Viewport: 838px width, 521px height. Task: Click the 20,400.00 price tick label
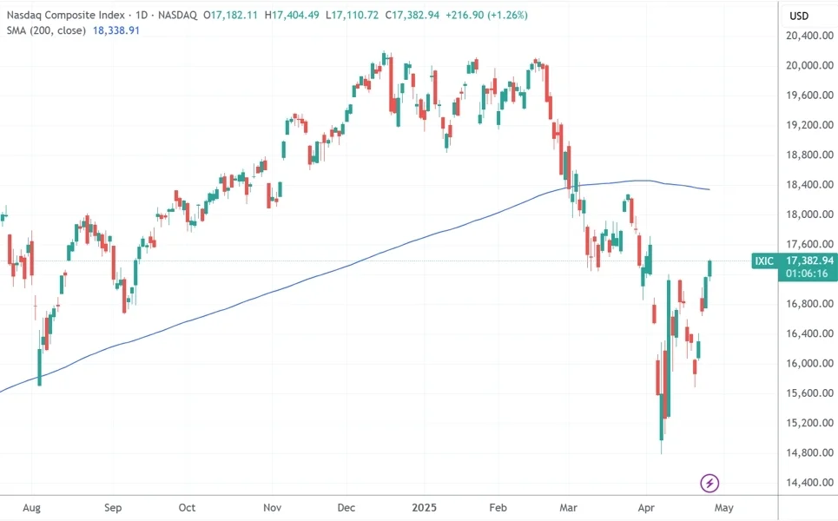[804, 36]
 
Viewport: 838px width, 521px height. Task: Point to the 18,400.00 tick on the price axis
[804, 184]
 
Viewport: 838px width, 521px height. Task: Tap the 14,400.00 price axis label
[804, 482]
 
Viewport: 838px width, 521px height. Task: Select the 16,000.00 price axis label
[804, 363]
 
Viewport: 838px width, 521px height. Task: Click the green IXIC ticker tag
[765, 260]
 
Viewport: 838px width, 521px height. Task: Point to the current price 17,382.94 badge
[808, 260]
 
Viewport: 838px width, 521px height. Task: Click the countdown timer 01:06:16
[807, 274]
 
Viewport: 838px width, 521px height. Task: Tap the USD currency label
[798, 16]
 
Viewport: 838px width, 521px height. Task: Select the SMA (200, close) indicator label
[45, 30]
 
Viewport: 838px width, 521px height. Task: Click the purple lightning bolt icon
[710, 483]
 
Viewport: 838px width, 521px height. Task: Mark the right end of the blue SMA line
[710, 189]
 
